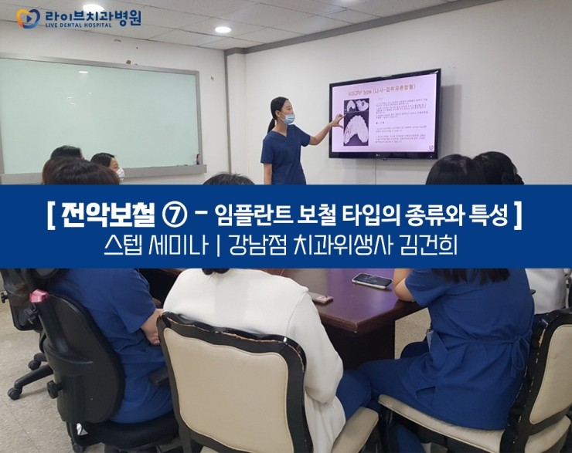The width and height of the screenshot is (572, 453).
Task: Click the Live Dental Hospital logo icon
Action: [x=28, y=18]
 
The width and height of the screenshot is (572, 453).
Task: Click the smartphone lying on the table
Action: [x=372, y=280]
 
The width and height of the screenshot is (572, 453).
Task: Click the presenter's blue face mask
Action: [x=289, y=119]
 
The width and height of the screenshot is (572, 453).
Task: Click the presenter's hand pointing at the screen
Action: [x=337, y=121]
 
